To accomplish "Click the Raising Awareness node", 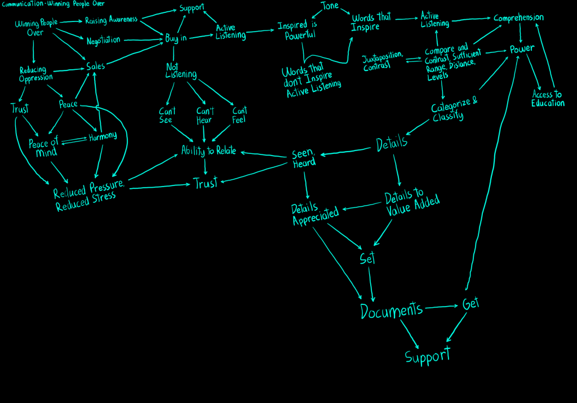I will click(x=111, y=20).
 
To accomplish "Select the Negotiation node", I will click(x=103, y=40).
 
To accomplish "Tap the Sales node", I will click(x=95, y=67).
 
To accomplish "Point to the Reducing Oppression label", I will click(x=35, y=74).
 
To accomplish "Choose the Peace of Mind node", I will click(x=43, y=148).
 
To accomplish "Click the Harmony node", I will click(x=102, y=136).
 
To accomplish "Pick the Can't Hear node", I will click(x=205, y=115).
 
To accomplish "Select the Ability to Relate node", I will click(x=208, y=150).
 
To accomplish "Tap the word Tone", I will click(x=330, y=6).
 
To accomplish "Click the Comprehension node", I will click(x=518, y=17).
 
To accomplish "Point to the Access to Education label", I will click(x=547, y=99).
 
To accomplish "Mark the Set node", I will click(x=367, y=258).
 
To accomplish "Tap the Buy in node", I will click(x=175, y=38).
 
